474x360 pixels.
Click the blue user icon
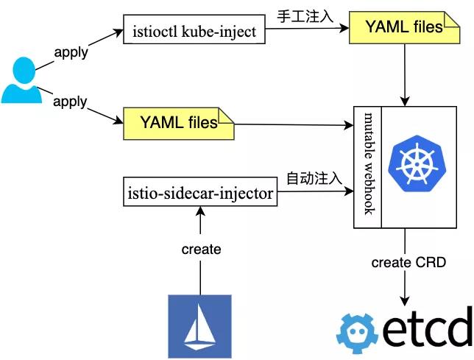click(x=21, y=80)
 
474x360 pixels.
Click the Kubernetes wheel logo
click(x=418, y=163)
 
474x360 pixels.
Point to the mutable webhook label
click(x=370, y=163)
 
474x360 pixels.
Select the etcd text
click(x=427, y=331)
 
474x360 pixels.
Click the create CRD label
click(x=408, y=263)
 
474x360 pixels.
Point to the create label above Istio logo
click(x=201, y=250)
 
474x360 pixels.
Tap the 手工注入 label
click(x=306, y=15)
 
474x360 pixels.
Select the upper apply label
click(x=71, y=53)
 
